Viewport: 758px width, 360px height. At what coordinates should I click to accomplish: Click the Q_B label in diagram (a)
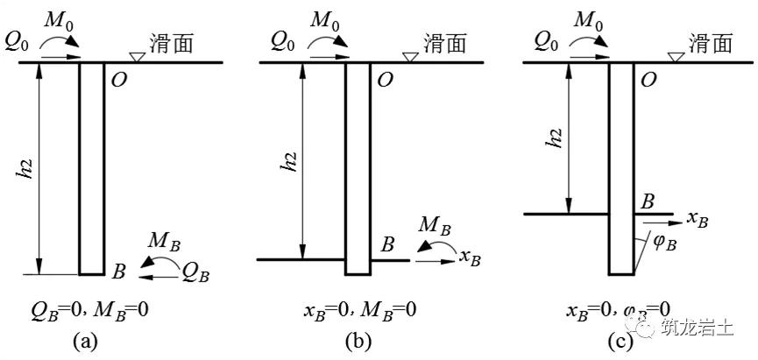point(195,273)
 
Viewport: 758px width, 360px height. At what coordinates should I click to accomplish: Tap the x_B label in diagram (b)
point(471,258)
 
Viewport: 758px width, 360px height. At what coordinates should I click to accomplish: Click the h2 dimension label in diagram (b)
point(289,162)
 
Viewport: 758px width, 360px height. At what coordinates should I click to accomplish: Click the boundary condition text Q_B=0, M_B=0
point(92,308)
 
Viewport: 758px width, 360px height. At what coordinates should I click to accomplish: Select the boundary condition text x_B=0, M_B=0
point(359,308)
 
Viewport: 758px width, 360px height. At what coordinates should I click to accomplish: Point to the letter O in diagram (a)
point(118,81)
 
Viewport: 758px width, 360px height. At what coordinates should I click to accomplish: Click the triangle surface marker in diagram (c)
point(675,57)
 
